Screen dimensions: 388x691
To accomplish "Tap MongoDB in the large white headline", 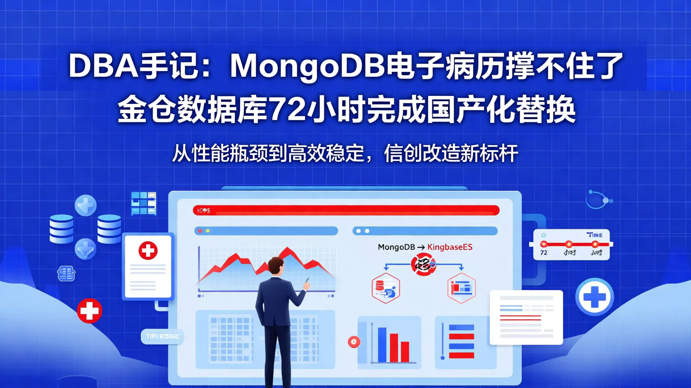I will tap(308, 66).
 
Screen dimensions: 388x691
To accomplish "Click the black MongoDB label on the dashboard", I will tap(396, 247).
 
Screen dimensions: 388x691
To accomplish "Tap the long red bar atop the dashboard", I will tap(346, 210).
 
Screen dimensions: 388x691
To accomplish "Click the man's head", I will tap(275, 267).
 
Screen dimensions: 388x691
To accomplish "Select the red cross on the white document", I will tap(148, 251).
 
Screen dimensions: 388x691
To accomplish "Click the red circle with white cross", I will tap(89, 310).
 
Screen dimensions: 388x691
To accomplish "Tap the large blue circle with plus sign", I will tap(594, 297).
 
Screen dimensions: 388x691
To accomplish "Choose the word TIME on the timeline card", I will tap(595, 235).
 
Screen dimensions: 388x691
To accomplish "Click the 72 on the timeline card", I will tap(544, 252).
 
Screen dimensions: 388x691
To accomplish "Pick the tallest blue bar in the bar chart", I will tap(382, 344).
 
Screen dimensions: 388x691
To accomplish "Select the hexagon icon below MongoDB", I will tap(386, 288).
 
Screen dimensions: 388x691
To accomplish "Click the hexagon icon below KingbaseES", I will tap(462, 288).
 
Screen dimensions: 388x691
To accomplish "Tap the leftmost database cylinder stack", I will tap(61, 229).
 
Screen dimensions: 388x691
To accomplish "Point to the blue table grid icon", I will tap(143, 203).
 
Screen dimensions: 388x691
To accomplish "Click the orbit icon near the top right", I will tap(598, 199).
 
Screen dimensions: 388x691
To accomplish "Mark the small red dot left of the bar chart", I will tap(354, 342).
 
